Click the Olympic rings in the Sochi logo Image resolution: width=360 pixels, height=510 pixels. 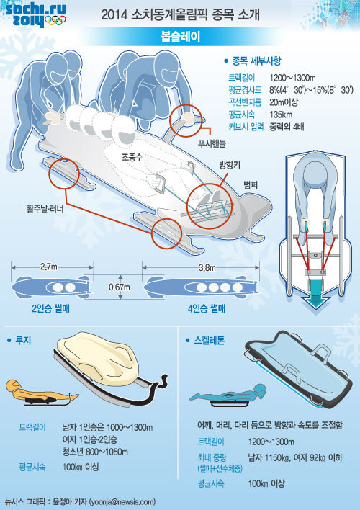(55, 20)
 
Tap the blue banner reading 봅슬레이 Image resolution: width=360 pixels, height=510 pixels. (180, 37)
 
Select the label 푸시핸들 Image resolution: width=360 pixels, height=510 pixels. (212, 143)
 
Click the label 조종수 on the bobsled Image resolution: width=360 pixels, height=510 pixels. (132, 158)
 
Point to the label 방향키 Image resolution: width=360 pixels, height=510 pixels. (229, 165)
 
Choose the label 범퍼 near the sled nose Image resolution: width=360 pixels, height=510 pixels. (251, 185)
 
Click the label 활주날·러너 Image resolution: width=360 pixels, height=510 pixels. (45, 208)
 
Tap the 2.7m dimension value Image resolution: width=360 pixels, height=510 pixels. (49, 267)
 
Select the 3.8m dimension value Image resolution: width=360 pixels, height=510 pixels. (207, 268)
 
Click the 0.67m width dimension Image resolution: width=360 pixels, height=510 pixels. (120, 287)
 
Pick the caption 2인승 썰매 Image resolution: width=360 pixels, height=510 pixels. (50, 308)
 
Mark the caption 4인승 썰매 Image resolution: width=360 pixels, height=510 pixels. (207, 308)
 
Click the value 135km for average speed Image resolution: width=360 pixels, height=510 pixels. (281, 115)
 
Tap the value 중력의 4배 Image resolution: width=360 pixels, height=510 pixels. (287, 127)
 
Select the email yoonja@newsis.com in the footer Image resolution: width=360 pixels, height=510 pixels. (122, 501)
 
